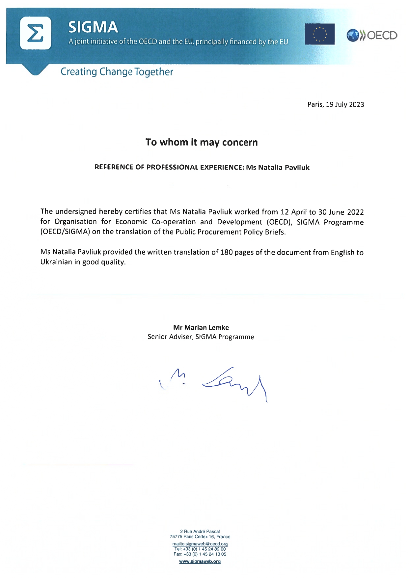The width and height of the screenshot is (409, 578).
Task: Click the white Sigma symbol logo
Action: point(36,33)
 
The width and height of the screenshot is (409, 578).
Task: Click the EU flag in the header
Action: point(319,34)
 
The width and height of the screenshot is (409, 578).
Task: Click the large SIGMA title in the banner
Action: point(93,27)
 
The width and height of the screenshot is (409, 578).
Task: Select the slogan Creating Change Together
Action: point(117,72)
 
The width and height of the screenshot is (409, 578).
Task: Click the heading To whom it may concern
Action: point(202,142)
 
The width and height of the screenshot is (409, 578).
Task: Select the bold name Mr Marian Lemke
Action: point(201,327)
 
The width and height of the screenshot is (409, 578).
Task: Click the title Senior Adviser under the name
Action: point(170,337)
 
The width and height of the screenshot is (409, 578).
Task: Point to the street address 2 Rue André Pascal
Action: point(200,531)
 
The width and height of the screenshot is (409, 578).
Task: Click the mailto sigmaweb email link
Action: point(200,544)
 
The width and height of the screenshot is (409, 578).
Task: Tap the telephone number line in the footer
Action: point(200,549)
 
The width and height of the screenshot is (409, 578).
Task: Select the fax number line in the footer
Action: point(200,554)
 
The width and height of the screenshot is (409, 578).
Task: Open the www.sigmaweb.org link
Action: point(200,562)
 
